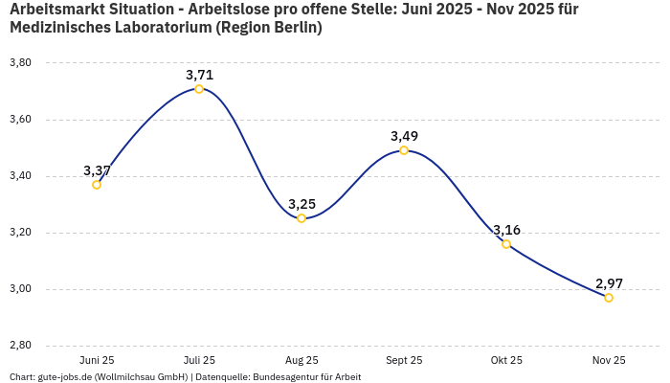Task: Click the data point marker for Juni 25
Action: pyautogui.click(x=97, y=185)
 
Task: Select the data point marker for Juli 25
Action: pyautogui.click(x=199, y=89)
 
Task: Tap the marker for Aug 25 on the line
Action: pyautogui.click(x=301, y=218)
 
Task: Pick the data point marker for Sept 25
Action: pyautogui.click(x=404, y=150)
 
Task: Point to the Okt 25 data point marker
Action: pyautogui.click(x=506, y=244)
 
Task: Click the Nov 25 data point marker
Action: pyautogui.click(x=609, y=298)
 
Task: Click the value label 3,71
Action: pyautogui.click(x=199, y=75)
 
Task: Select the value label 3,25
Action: pyautogui.click(x=301, y=204)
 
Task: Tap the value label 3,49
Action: pyautogui.click(x=404, y=136)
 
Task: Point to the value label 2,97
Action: pyautogui.click(x=609, y=283)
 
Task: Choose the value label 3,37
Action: pyautogui.click(x=97, y=170)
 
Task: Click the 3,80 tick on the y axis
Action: pyautogui.click(x=20, y=63)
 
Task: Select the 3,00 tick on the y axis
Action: pyautogui.click(x=20, y=289)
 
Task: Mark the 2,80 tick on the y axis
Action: pyautogui.click(x=20, y=346)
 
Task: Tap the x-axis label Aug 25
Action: pyautogui.click(x=301, y=361)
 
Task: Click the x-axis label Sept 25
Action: pyautogui.click(x=404, y=361)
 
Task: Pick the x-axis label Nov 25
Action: pyautogui.click(x=609, y=361)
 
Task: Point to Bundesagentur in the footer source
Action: pyautogui.click(x=285, y=377)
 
